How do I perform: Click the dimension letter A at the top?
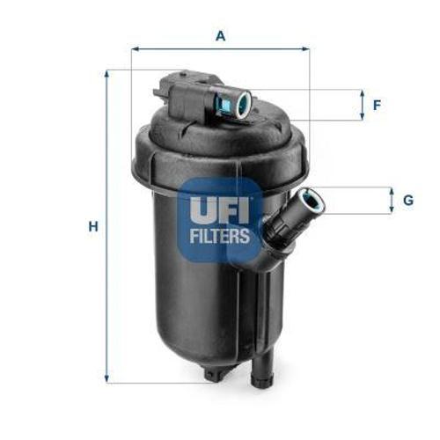click(220, 36)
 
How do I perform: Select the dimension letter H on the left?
click(92, 226)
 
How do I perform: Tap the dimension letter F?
click(377, 106)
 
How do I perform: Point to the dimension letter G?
click(407, 201)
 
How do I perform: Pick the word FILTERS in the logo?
click(220, 236)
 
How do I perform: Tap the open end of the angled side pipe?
click(312, 202)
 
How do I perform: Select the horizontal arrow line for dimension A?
click(220, 49)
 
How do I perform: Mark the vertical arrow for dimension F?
click(362, 106)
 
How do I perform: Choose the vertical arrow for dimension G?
click(392, 201)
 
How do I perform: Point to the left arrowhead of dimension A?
click(135, 49)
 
